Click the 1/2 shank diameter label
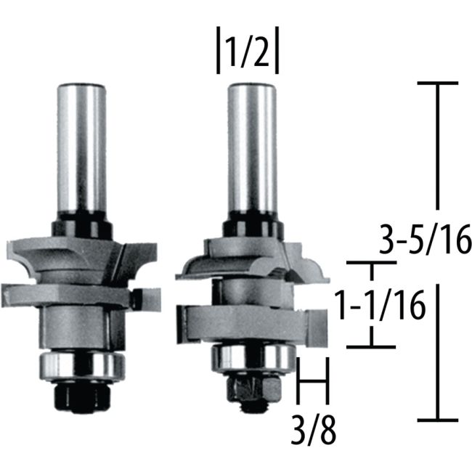248,53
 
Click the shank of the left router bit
81,145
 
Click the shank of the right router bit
252,145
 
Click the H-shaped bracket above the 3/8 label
314,379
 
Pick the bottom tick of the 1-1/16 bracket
372,346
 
